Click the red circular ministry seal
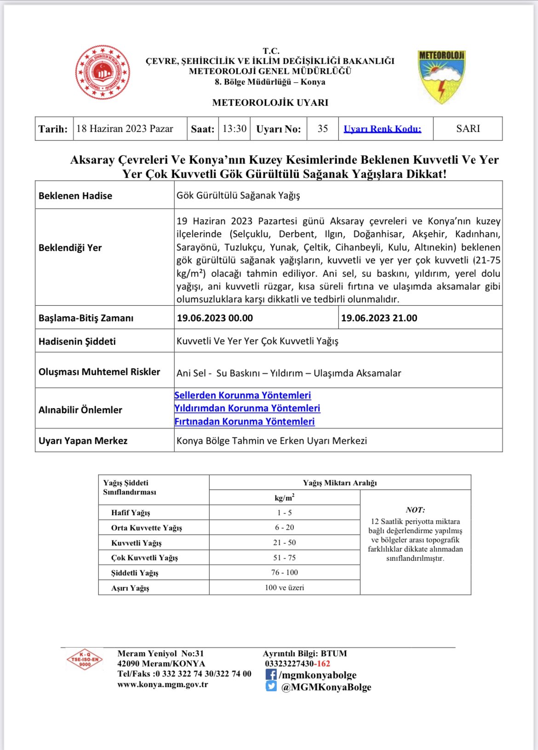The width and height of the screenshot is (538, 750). pos(103,72)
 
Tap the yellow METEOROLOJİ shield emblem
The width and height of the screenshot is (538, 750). pos(441,76)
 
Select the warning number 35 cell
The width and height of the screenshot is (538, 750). pos(323,129)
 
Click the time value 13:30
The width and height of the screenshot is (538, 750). pos(235,129)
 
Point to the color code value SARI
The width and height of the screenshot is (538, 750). pos(468,129)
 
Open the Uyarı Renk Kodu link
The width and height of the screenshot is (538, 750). pos(382,129)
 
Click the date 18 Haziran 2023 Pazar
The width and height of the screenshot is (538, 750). pos(125,129)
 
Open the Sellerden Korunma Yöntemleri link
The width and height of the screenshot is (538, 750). pos(243,395)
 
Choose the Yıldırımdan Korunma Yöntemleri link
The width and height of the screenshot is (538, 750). pos(247,408)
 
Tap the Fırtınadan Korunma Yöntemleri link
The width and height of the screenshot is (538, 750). pos(245,421)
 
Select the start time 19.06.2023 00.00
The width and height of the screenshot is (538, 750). pos(215,318)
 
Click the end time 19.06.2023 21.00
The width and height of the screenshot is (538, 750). pos(379,318)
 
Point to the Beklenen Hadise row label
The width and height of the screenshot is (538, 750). pos(75,196)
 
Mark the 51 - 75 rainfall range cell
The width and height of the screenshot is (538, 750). pos(284,557)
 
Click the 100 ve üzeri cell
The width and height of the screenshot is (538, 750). pos(284,587)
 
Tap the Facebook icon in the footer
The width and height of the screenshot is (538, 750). pos(271,675)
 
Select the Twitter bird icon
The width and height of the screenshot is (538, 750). pos(271,686)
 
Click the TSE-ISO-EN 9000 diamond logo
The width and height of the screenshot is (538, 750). pos(85,659)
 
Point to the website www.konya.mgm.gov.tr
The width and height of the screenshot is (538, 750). pos(163,684)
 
